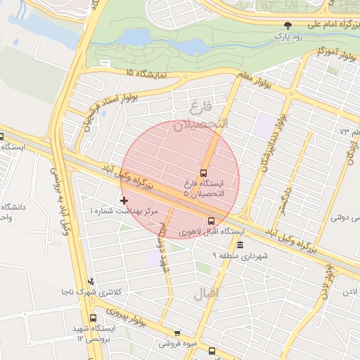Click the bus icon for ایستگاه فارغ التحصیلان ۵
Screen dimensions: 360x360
coord(204,173)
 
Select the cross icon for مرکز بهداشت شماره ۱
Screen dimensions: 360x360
coord(124,200)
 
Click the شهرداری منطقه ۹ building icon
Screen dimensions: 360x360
coord(240,245)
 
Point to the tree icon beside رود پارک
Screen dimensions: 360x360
coord(286,25)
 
